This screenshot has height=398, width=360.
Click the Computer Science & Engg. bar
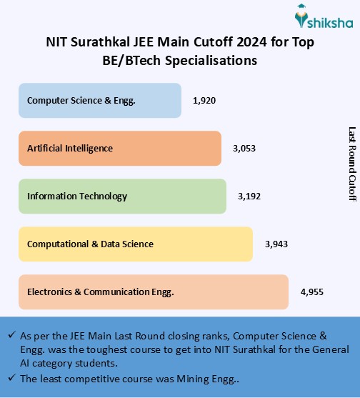tap(100, 101)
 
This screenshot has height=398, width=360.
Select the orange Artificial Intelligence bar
tap(120, 149)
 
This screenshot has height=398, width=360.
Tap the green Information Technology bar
tap(126, 196)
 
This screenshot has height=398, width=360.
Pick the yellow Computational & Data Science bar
tap(136, 244)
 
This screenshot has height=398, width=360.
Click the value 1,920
tap(204, 101)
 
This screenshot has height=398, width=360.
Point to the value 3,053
tap(244, 149)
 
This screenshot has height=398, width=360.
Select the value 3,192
tap(249, 196)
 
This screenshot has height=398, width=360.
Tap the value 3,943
tap(276, 244)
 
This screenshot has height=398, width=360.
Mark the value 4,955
tap(313, 292)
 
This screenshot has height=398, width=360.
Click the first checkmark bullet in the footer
tap(11, 335)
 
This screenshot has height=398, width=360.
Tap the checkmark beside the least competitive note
tap(11, 378)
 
